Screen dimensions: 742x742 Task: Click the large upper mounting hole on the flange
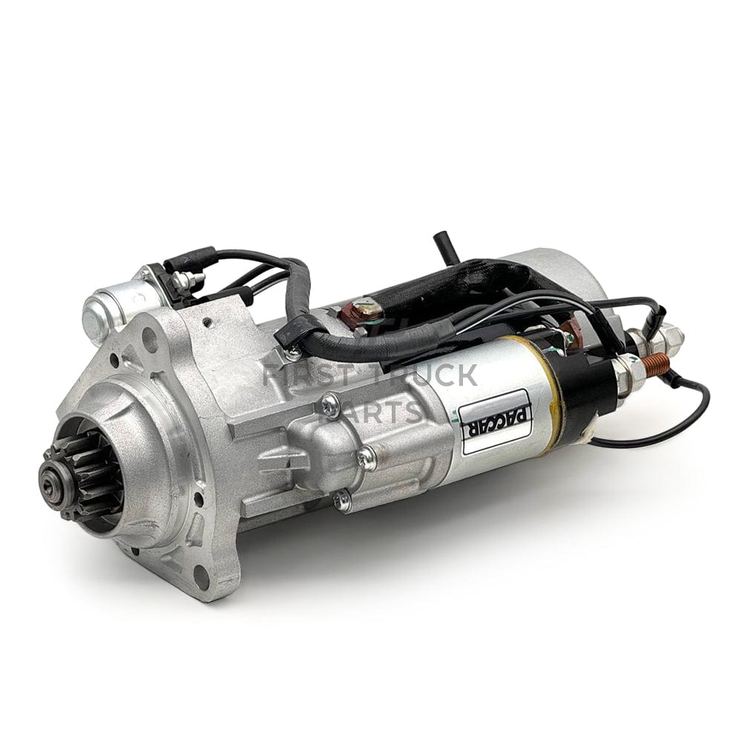click(x=151, y=338)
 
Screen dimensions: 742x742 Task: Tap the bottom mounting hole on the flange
click(x=200, y=577)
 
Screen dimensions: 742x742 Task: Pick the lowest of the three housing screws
click(x=344, y=499)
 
